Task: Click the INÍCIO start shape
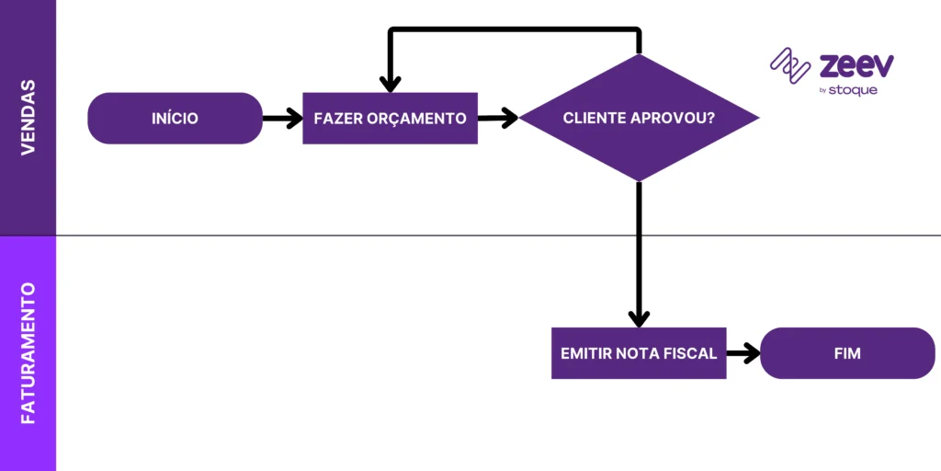click(176, 118)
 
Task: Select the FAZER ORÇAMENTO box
click(390, 118)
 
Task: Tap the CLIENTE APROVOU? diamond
click(639, 118)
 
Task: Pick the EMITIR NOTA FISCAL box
click(639, 353)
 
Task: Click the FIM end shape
click(847, 353)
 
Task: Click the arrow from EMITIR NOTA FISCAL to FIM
click(743, 353)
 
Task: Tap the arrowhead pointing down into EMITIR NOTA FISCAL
click(639, 316)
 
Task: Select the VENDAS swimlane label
click(28, 117)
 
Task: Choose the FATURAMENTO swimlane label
click(28, 353)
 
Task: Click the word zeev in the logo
click(856, 66)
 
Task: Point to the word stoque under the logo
click(854, 90)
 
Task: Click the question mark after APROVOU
click(711, 119)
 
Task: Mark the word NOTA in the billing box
click(640, 353)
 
